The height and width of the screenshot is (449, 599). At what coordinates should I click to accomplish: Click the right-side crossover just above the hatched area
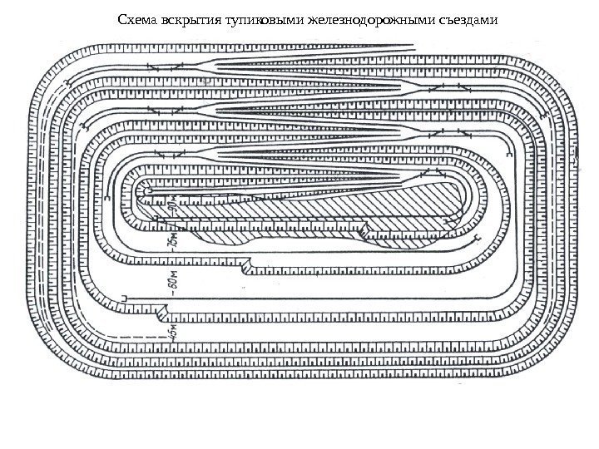[434, 174]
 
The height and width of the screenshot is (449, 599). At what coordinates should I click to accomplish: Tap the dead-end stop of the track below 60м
[124, 297]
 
